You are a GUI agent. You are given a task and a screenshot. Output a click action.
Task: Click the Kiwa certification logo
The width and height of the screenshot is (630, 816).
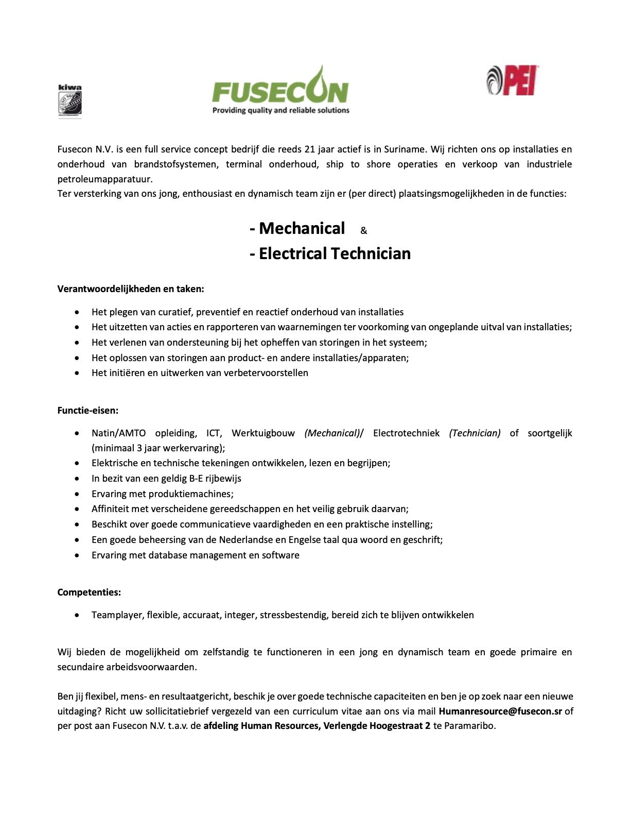click(69, 101)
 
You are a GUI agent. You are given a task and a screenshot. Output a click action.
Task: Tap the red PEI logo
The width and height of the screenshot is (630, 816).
click(513, 81)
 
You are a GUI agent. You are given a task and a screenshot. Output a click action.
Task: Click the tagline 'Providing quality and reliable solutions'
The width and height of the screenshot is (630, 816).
click(281, 110)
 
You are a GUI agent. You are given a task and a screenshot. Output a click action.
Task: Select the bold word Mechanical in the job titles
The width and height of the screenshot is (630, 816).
click(302, 228)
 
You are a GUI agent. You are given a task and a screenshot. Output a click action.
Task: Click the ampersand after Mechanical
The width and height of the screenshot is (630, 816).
click(363, 231)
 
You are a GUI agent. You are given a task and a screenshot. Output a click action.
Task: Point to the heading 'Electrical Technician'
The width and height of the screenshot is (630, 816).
click(335, 253)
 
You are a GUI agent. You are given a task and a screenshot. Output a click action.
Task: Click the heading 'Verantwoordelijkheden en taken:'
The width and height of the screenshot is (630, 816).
click(131, 289)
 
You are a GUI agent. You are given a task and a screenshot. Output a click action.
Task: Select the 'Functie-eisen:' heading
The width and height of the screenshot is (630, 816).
click(88, 411)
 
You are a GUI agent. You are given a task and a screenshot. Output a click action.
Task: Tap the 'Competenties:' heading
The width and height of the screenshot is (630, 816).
click(89, 592)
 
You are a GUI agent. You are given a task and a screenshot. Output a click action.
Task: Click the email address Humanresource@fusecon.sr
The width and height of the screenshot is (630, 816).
click(500, 711)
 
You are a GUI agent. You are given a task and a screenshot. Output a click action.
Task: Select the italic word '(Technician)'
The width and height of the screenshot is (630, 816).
click(475, 433)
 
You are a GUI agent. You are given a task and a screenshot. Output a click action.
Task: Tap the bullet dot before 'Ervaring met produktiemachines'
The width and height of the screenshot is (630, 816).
click(77, 494)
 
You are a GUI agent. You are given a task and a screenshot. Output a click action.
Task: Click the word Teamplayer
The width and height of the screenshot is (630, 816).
click(117, 615)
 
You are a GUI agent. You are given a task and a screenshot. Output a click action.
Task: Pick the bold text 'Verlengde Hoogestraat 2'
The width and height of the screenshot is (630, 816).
click(377, 726)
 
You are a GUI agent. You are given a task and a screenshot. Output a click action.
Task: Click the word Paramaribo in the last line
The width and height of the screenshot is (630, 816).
click(469, 726)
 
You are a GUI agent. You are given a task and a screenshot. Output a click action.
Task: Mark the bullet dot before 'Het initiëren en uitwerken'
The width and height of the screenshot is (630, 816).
click(77, 373)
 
